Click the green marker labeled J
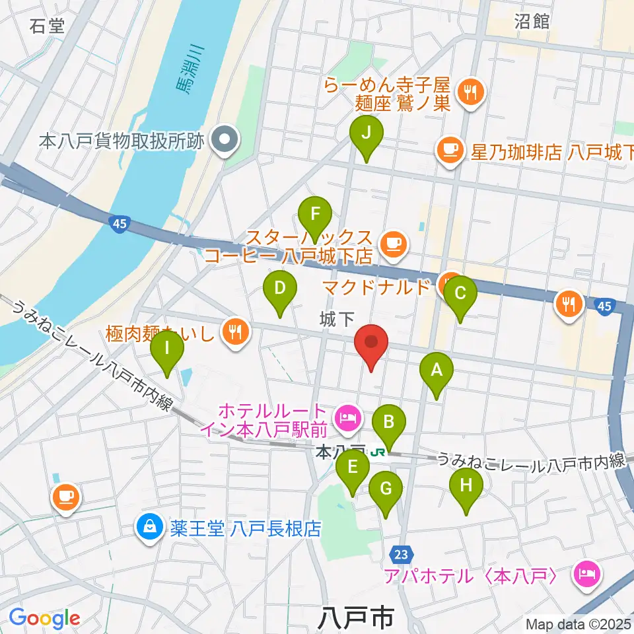(x=370, y=137)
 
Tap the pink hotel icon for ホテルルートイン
(x=345, y=416)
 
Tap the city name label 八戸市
(x=354, y=619)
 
